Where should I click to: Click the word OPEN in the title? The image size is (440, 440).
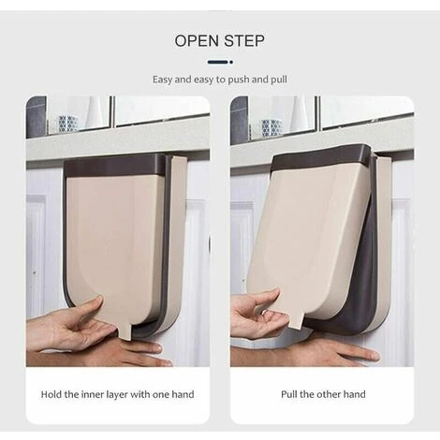(197, 41)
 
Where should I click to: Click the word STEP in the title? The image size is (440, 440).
(244, 41)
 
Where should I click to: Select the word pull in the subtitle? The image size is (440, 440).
(279, 80)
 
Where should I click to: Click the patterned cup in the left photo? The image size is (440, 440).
(68, 123)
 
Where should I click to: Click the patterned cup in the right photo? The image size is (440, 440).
(271, 127)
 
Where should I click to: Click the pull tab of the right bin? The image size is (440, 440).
(296, 319)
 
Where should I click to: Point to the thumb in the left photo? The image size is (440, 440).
(92, 305)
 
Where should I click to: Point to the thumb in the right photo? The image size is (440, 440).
(266, 297)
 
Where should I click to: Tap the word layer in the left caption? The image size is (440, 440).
(117, 395)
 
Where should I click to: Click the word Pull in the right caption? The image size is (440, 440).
(289, 394)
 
